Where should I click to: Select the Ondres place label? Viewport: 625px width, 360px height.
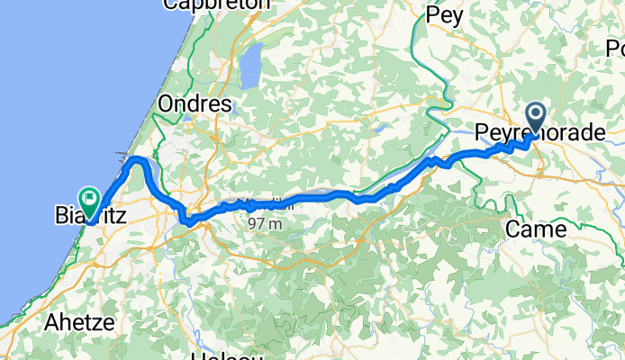pyautogui.click(x=195, y=104)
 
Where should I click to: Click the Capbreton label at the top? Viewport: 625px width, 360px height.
pyautogui.click(x=216, y=4)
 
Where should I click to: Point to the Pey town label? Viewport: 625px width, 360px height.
pyautogui.click(x=443, y=15)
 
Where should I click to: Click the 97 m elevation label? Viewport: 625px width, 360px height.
pyautogui.click(x=268, y=223)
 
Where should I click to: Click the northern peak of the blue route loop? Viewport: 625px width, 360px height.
pyautogui.click(x=138, y=160)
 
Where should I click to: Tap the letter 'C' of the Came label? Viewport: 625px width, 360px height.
pyautogui.click(x=512, y=229)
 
